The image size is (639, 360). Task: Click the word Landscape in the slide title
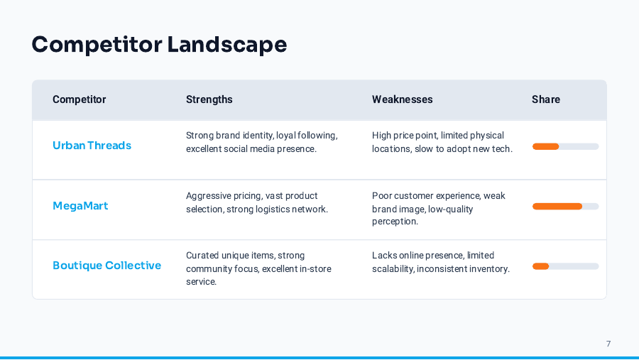pos(226,45)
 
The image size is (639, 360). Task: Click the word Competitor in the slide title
pos(97,45)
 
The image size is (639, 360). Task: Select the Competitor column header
pos(79,99)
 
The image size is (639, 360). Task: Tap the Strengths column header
pos(209,99)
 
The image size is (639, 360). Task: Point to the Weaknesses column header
pos(402,99)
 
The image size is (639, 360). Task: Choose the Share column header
pos(545,99)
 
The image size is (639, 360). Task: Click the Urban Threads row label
pos(92,146)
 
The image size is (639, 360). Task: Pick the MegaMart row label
pos(80,206)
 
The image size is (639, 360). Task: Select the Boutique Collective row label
pos(106,266)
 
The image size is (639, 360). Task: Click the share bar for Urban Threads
pos(565,146)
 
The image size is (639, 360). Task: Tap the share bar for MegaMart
pos(565,207)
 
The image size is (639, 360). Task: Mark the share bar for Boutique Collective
pos(565,266)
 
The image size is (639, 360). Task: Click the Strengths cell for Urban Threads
pos(261,142)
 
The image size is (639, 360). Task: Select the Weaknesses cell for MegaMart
pos(439,208)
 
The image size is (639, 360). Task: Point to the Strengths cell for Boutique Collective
pos(258,268)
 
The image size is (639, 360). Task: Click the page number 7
pos(608,344)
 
